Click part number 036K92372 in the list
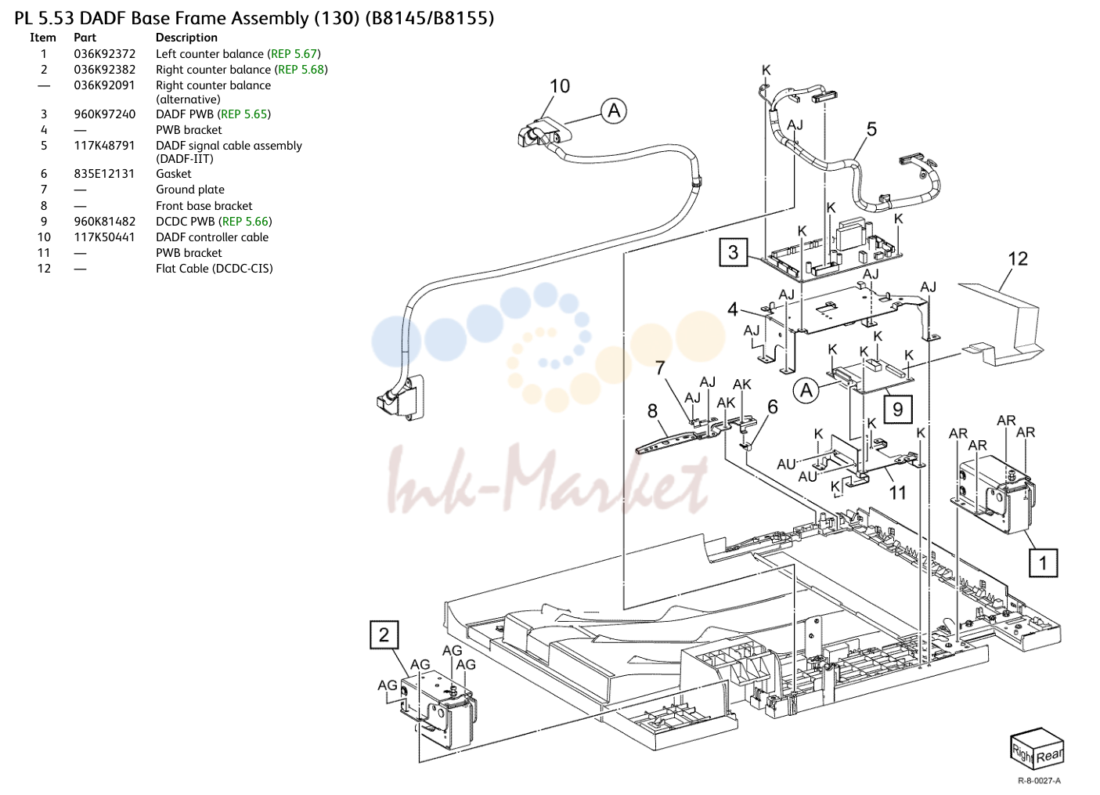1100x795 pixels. coord(105,54)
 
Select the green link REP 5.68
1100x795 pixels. coord(301,70)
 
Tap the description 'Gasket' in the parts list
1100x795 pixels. coord(173,174)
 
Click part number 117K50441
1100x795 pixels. coord(104,237)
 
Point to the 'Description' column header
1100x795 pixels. coord(186,38)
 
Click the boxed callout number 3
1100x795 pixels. coord(733,252)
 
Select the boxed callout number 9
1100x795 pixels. coord(898,410)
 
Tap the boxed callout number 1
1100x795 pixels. coord(1043,562)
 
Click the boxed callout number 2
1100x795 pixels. coord(384,634)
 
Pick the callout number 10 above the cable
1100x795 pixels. coord(559,86)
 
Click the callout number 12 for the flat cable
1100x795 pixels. coord(1018,259)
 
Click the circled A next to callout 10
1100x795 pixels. coord(614,110)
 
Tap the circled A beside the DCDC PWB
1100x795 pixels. coord(806,390)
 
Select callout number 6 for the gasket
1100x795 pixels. coord(773,407)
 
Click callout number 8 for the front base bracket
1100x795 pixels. coord(652,410)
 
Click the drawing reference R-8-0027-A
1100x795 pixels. coord(1039,781)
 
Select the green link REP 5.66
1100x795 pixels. coord(245,222)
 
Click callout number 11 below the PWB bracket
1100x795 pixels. coord(898,493)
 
